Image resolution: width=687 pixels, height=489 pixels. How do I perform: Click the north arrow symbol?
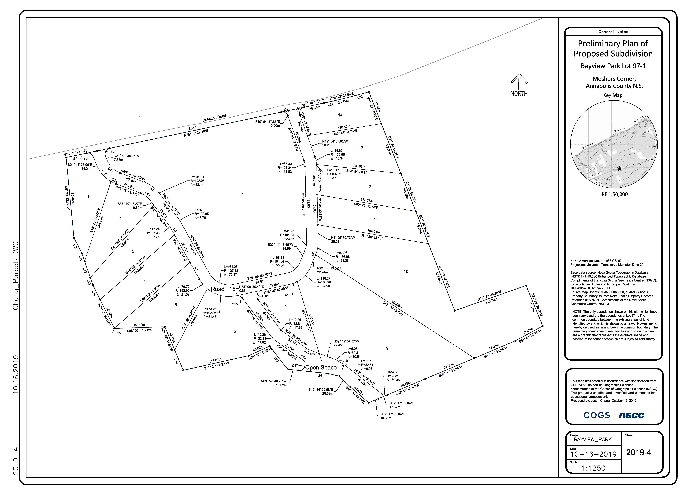click(x=519, y=81)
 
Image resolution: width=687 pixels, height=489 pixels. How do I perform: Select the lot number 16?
click(x=241, y=193)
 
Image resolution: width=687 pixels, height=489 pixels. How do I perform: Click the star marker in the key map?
click(x=620, y=168)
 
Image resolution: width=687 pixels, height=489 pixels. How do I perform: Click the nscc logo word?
click(x=631, y=415)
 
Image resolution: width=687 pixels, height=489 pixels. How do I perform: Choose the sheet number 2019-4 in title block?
click(x=639, y=453)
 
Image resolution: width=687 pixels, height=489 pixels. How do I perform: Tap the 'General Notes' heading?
click(x=613, y=32)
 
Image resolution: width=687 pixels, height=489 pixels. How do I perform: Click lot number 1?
click(x=88, y=197)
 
